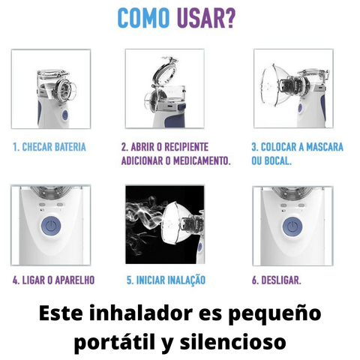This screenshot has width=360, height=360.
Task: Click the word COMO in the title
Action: coord(143,18)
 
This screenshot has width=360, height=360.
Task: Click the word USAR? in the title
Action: coord(206,18)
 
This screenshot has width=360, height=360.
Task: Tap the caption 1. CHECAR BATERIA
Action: coord(49,147)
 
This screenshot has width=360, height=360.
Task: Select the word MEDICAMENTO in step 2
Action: coord(201,160)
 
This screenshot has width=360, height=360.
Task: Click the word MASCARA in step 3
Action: coord(325,147)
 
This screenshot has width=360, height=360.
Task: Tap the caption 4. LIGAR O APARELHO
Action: coord(53,280)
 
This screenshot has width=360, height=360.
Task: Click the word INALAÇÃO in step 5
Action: coord(186,280)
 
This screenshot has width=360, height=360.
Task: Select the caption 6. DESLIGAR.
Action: coord(277,280)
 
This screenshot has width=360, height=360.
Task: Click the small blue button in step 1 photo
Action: coord(64,115)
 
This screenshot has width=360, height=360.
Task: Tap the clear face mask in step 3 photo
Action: coord(275,85)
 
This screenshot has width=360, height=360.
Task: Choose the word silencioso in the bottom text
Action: coord(232,342)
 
